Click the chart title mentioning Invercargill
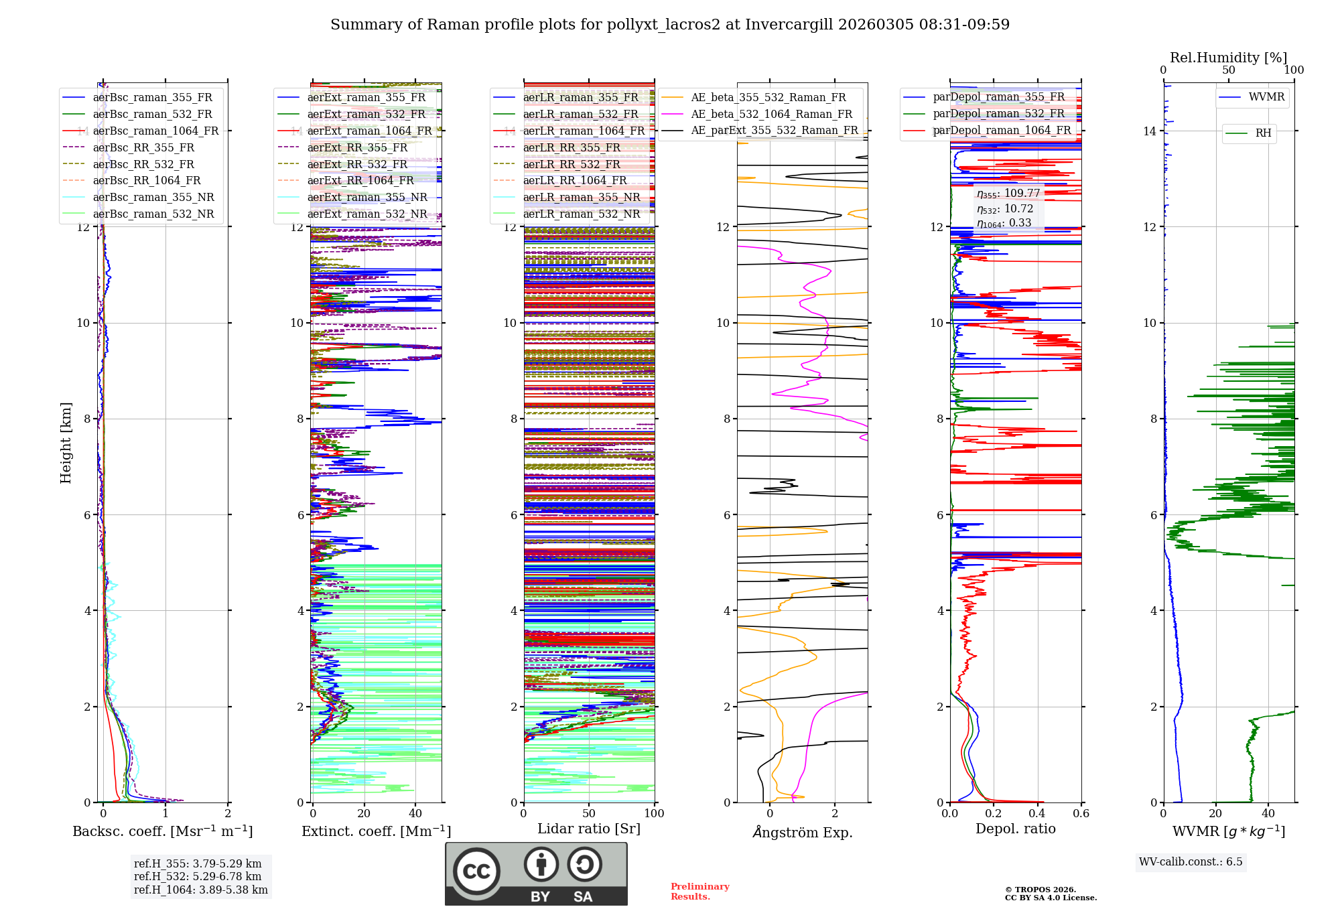tap(670, 25)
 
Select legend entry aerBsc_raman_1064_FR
tap(155, 131)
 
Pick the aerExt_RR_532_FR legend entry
tap(357, 164)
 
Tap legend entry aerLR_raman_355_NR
tap(581, 197)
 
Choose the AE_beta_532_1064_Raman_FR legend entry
tap(771, 114)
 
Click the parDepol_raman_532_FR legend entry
tap(998, 114)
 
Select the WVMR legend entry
tap(1266, 97)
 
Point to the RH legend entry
tap(1263, 133)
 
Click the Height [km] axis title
tap(66, 442)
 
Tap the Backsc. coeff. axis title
tap(162, 831)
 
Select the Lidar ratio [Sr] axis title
tap(589, 829)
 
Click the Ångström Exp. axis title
tap(803, 833)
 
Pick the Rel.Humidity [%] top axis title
tap(1228, 58)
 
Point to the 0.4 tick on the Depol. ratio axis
tap(1037, 814)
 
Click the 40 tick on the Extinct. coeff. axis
tap(415, 814)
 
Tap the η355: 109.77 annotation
tap(1008, 194)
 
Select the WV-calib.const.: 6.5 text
tap(1191, 862)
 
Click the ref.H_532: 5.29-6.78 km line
tap(198, 876)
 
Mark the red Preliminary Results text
tap(699, 892)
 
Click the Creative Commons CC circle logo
tap(476, 871)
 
